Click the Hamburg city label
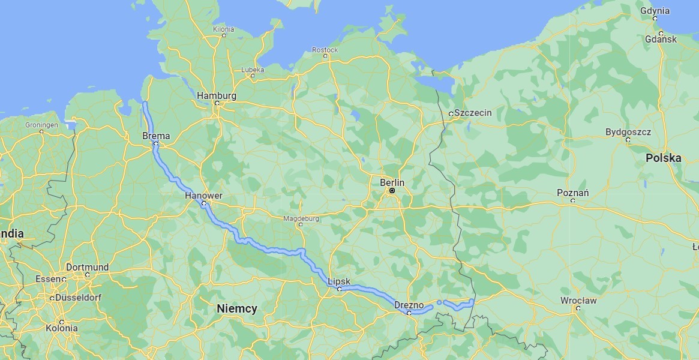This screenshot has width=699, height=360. click(x=217, y=95)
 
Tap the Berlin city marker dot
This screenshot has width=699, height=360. click(x=392, y=191)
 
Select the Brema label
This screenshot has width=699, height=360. click(x=156, y=136)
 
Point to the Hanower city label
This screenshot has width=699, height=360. click(x=203, y=196)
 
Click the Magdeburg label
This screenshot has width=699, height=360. click(x=301, y=218)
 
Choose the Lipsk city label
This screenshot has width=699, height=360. click(x=339, y=281)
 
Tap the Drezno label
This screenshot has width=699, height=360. click(x=409, y=305)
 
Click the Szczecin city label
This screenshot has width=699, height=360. click(x=473, y=113)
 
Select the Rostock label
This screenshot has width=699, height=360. click(x=325, y=50)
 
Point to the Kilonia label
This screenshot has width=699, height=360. click(x=224, y=29)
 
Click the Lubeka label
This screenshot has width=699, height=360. click(x=253, y=70)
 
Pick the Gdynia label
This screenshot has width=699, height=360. click(x=655, y=11)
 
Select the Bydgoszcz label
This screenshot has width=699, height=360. click(x=628, y=132)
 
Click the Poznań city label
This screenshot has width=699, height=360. click(x=572, y=193)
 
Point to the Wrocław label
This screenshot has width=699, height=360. click(x=578, y=301)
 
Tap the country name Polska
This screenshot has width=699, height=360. click(x=663, y=158)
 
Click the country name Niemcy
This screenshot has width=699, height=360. click(x=237, y=308)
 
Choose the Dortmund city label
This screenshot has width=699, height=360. click(x=87, y=268)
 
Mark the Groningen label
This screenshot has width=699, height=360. click(x=41, y=125)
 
